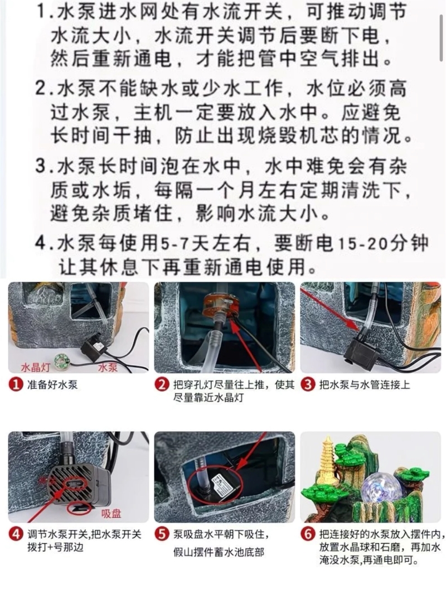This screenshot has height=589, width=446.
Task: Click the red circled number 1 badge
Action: (x=16, y=385)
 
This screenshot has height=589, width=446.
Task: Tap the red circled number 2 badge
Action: (x=162, y=385)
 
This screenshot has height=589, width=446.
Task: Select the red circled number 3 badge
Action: (x=308, y=385)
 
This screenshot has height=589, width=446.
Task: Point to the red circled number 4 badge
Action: (x=16, y=534)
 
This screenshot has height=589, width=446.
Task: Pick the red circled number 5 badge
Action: (x=162, y=534)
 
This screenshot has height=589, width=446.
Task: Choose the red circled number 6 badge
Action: (x=308, y=534)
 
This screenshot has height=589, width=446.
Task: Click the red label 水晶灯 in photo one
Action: (x=35, y=367)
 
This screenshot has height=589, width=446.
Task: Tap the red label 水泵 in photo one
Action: (x=108, y=367)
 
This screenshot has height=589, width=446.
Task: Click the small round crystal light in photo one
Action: (x=60, y=360)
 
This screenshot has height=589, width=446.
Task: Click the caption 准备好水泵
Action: (x=52, y=385)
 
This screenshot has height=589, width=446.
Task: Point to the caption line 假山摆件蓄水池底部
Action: (x=219, y=552)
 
